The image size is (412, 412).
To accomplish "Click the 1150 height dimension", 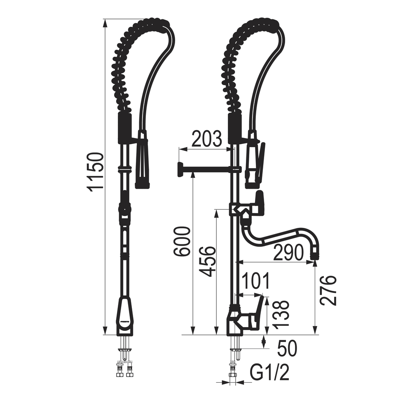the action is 95,172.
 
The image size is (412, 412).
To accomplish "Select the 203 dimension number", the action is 206,139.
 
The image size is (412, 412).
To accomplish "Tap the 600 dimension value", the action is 182,242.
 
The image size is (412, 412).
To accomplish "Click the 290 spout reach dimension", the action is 288,252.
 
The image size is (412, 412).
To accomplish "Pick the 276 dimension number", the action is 328,290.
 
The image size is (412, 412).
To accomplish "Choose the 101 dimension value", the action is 255,281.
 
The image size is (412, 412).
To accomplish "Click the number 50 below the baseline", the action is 287,349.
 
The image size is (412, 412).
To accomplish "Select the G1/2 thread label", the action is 269,372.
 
